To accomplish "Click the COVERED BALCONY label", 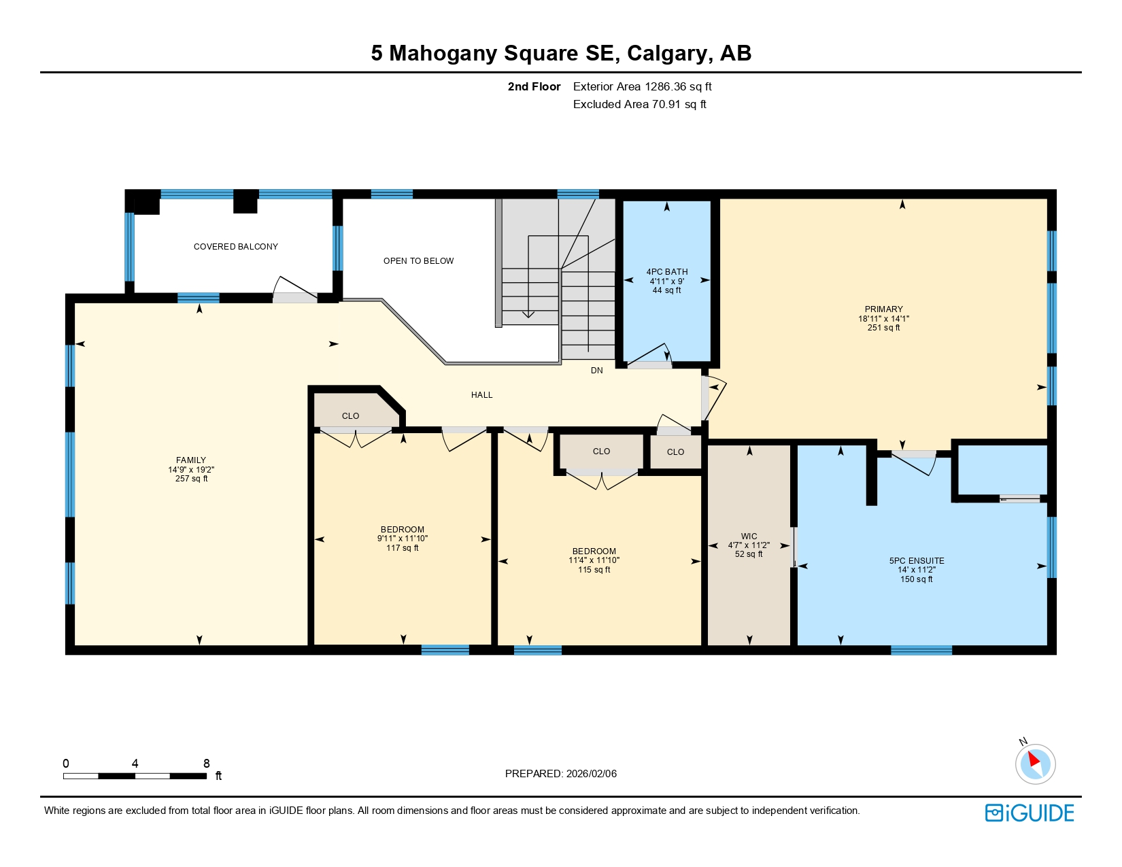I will tap(235, 247).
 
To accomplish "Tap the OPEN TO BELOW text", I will tap(418, 261).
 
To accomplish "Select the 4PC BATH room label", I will tap(666, 272).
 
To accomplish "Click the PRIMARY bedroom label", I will tap(883, 309).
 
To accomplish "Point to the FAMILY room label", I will tap(191, 460).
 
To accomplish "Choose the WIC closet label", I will tap(749, 537).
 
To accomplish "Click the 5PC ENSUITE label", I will tap(916, 561).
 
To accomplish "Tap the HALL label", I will tap(481, 395).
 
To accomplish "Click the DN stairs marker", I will tap(596, 371).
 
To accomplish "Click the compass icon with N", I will tap(1035, 762).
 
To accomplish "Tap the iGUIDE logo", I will tap(1030, 813).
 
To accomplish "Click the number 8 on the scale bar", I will tap(207, 764).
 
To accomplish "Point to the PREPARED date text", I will tap(560, 774).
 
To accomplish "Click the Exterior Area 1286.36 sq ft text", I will tap(642, 86).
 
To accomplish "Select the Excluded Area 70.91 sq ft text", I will tap(639, 104).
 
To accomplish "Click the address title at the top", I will tap(560, 53).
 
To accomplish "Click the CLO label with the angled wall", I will tap(350, 416).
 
